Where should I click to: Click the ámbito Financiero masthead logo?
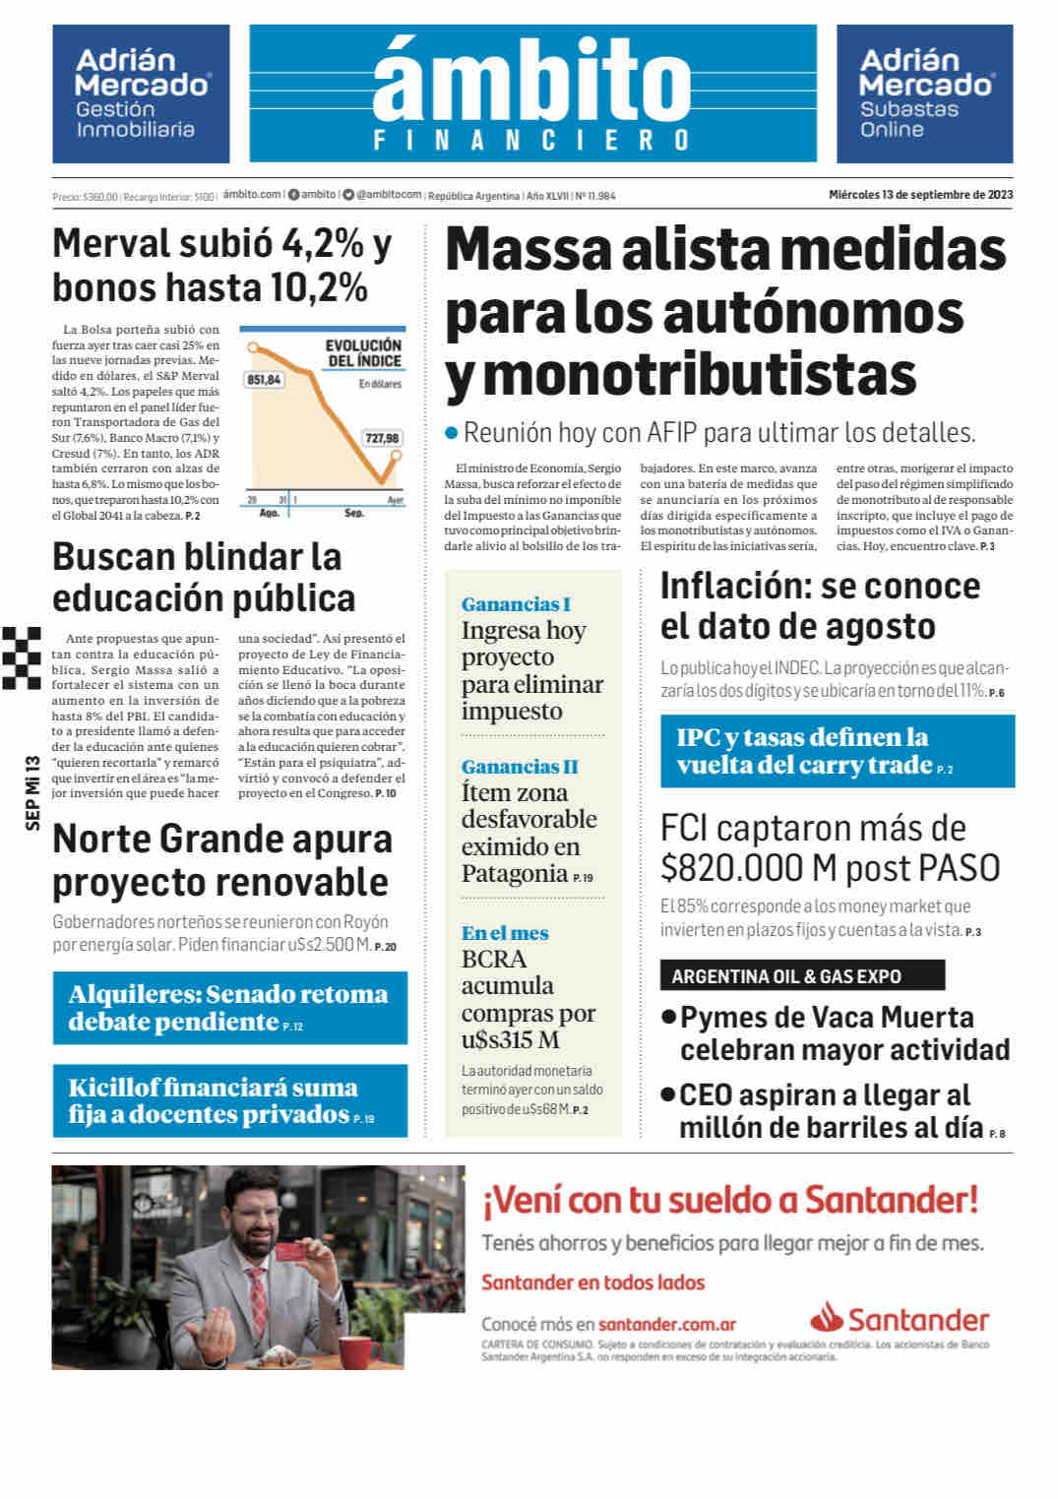click(532, 94)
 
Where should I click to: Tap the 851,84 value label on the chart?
click(264, 379)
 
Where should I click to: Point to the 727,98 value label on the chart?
click(382, 438)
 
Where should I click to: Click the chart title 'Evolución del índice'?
click(363, 352)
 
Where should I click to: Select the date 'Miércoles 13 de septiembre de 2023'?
click(920, 195)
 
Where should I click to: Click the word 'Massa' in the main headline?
click(528, 250)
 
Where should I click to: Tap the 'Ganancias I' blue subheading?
click(516, 604)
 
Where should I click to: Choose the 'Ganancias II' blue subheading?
click(520, 767)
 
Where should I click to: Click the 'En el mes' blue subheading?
click(505, 933)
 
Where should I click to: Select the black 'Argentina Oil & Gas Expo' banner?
click(802, 975)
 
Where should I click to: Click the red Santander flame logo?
click(827, 1317)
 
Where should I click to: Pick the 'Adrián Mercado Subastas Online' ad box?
click(924, 94)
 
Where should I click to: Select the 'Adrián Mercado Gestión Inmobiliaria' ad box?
click(141, 94)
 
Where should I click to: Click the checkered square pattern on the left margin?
click(22, 656)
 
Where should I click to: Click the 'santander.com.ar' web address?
click(667, 1324)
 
